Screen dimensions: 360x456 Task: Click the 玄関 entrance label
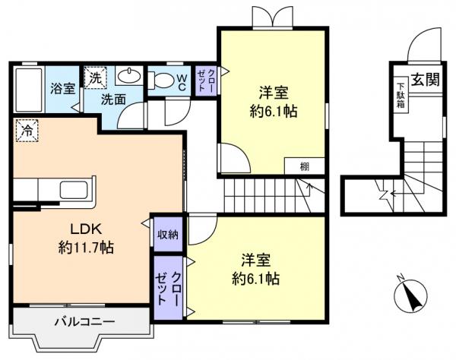[x=426, y=77]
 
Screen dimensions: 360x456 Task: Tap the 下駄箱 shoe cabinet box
[x=399, y=96]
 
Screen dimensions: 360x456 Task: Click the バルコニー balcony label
[x=84, y=322]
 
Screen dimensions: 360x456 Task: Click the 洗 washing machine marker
[x=94, y=77]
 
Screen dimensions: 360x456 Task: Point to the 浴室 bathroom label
[x=62, y=88]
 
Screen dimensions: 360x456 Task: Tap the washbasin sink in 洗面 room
[x=130, y=76]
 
